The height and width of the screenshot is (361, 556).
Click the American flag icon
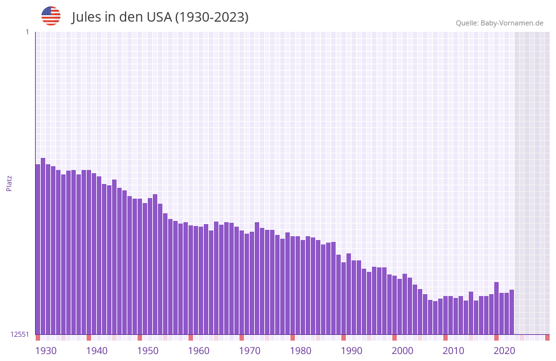[x=51, y=16]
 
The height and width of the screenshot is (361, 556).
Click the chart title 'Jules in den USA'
[x=160, y=17]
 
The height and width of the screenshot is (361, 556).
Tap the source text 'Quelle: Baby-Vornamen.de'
[x=499, y=23]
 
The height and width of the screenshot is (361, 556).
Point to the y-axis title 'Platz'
[x=9, y=183]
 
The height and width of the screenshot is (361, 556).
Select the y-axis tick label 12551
[x=20, y=334]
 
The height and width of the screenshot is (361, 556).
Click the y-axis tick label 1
[x=27, y=32]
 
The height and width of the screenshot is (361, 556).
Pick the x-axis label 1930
[x=46, y=351]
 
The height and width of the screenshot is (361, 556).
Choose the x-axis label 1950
[x=148, y=351]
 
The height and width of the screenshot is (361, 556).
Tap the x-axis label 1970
[x=250, y=351]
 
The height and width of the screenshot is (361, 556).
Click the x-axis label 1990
[x=352, y=351]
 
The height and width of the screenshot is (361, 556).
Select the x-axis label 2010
[x=453, y=351]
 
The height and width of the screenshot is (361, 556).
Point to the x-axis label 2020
[x=504, y=351]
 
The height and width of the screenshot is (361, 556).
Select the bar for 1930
[x=38, y=249]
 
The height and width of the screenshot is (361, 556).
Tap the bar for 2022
[x=511, y=312]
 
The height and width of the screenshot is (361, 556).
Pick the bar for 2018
[x=496, y=308]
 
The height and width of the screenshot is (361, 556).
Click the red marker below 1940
[x=89, y=337]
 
